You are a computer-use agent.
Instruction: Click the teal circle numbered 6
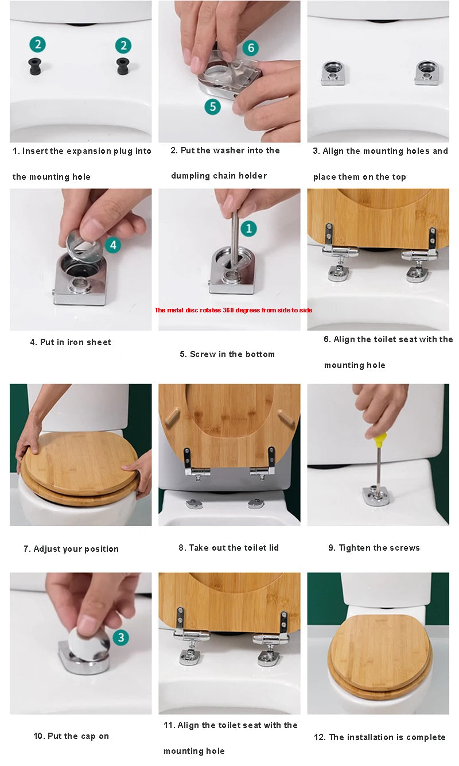[x=251, y=48]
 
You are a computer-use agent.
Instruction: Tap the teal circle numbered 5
[x=213, y=106]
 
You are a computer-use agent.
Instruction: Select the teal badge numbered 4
[x=113, y=245]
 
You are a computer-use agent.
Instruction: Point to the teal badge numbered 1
[x=249, y=229]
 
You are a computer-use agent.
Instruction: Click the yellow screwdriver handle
[x=380, y=440]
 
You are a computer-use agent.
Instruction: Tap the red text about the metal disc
[x=234, y=310]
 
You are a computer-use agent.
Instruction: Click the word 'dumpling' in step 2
[x=190, y=176]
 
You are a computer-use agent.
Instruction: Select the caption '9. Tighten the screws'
[x=374, y=548]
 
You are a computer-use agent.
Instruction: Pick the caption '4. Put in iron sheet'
[x=71, y=342]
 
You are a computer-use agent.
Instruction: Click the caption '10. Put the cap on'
[x=71, y=736]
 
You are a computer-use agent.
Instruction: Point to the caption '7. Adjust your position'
[x=71, y=549]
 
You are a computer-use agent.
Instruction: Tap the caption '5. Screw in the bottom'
[x=227, y=354]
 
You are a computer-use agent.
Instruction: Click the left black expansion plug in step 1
[x=35, y=66]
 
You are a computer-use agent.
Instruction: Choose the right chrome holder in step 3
[x=428, y=73]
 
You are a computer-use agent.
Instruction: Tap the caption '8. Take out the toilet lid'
[x=229, y=548]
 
